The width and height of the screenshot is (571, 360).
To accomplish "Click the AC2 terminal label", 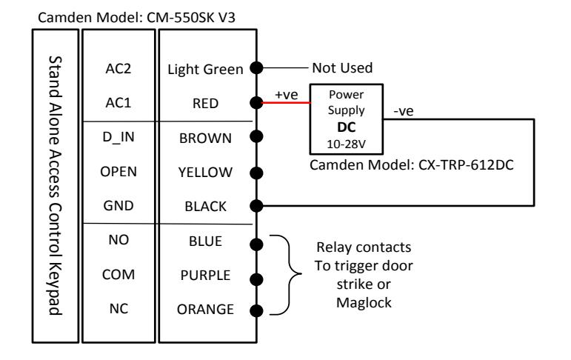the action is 118,68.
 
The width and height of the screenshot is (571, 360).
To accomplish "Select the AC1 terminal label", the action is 118,103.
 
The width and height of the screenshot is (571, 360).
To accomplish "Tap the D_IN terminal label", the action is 118,137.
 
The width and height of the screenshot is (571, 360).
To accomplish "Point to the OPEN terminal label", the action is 118,172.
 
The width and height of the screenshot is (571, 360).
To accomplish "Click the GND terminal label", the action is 118,206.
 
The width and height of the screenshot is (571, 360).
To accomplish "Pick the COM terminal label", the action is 118,274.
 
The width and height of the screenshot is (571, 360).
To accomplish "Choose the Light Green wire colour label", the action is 205,69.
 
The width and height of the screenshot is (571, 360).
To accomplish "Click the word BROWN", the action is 205,139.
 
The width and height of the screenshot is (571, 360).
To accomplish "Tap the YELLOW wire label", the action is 205,173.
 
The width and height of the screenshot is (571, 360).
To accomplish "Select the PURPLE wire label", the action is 205,275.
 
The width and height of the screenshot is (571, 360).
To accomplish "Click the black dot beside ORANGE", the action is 257,311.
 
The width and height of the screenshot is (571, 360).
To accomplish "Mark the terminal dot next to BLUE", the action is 257,244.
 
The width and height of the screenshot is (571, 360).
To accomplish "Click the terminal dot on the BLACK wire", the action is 257,206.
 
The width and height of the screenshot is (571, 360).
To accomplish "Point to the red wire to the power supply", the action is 286,103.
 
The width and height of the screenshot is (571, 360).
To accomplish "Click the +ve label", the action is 287,94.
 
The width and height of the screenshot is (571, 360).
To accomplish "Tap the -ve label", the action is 404,111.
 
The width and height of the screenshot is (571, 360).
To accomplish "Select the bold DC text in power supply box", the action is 347,127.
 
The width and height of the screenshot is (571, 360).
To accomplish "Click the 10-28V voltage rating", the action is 346,144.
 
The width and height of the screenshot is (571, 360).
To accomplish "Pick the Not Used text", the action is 342,67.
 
